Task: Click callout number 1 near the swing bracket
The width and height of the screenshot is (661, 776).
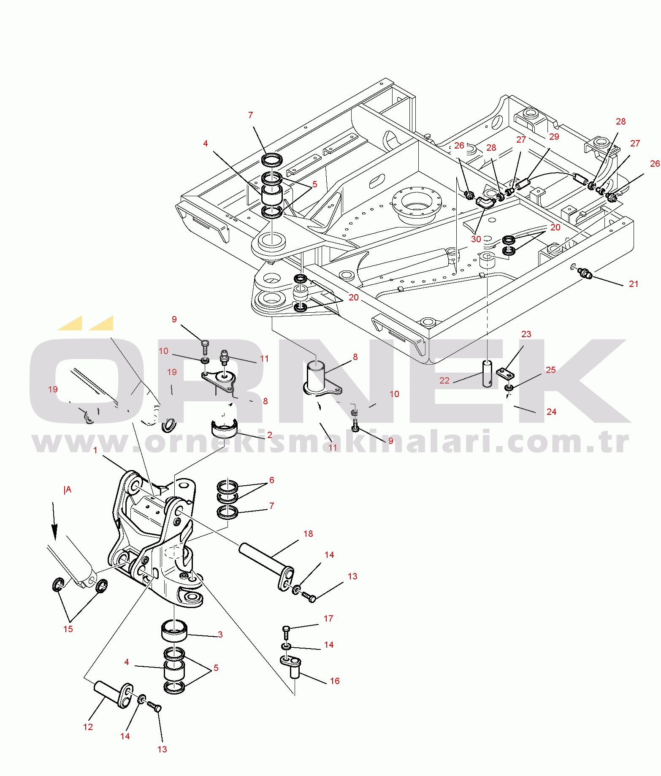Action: pyautogui.click(x=95, y=450)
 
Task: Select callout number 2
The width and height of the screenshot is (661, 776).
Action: pyautogui.click(x=270, y=435)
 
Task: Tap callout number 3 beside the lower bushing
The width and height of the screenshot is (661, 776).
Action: pyautogui.click(x=220, y=634)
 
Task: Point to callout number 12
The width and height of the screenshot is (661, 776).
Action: pyautogui.click(x=88, y=727)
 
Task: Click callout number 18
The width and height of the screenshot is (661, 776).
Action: pyautogui.click(x=308, y=534)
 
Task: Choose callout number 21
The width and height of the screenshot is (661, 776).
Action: pyautogui.click(x=634, y=284)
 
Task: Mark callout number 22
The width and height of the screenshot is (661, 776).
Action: pyautogui.click(x=444, y=380)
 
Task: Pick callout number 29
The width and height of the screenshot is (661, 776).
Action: pyautogui.click(x=554, y=137)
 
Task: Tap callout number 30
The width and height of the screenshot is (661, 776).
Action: pyautogui.click(x=476, y=239)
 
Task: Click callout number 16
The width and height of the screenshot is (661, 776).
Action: pyautogui.click(x=335, y=681)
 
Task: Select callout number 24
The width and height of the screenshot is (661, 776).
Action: pyautogui.click(x=552, y=411)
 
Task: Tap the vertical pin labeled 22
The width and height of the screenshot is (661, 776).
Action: pyautogui.click(x=488, y=373)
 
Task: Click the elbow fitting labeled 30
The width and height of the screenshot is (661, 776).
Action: pyautogui.click(x=485, y=202)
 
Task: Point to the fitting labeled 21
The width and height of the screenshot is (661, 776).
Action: pyautogui.click(x=585, y=273)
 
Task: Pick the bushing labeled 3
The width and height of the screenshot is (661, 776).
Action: pyautogui.click(x=174, y=630)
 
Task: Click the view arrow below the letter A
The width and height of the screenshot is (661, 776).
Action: pyautogui.click(x=54, y=521)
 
